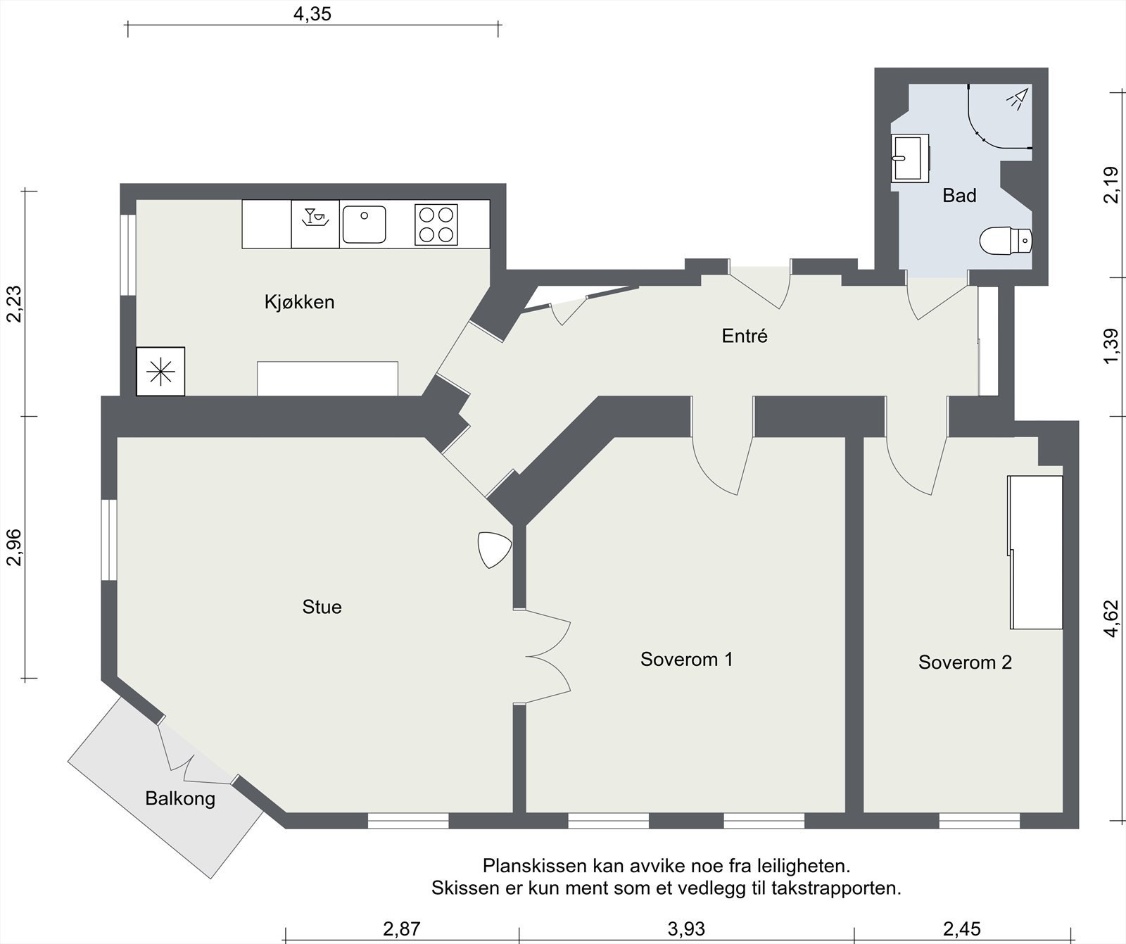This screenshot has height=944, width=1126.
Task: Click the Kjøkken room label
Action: click(299, 302)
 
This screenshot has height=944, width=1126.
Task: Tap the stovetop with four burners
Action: click(436, 225)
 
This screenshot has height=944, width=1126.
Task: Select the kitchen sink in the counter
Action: click(365, 225)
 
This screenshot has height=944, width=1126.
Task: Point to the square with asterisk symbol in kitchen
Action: click(160, 371)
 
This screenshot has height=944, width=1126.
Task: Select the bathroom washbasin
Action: click(909, 159)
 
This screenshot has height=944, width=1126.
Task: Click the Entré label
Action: click(745, 336)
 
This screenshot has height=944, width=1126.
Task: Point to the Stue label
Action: click(322, 607)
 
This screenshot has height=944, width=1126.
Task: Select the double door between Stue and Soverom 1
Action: click(549, 656)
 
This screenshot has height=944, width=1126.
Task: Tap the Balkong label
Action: click(180, 798)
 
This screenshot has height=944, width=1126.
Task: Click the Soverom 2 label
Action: click(965, 662)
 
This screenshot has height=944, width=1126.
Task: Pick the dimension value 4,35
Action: click(312, 13)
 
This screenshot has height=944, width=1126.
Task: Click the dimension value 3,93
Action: click(686, 929)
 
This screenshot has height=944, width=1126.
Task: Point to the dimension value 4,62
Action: click(1111, 618)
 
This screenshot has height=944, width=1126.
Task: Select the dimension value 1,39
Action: click(1111, 346)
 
